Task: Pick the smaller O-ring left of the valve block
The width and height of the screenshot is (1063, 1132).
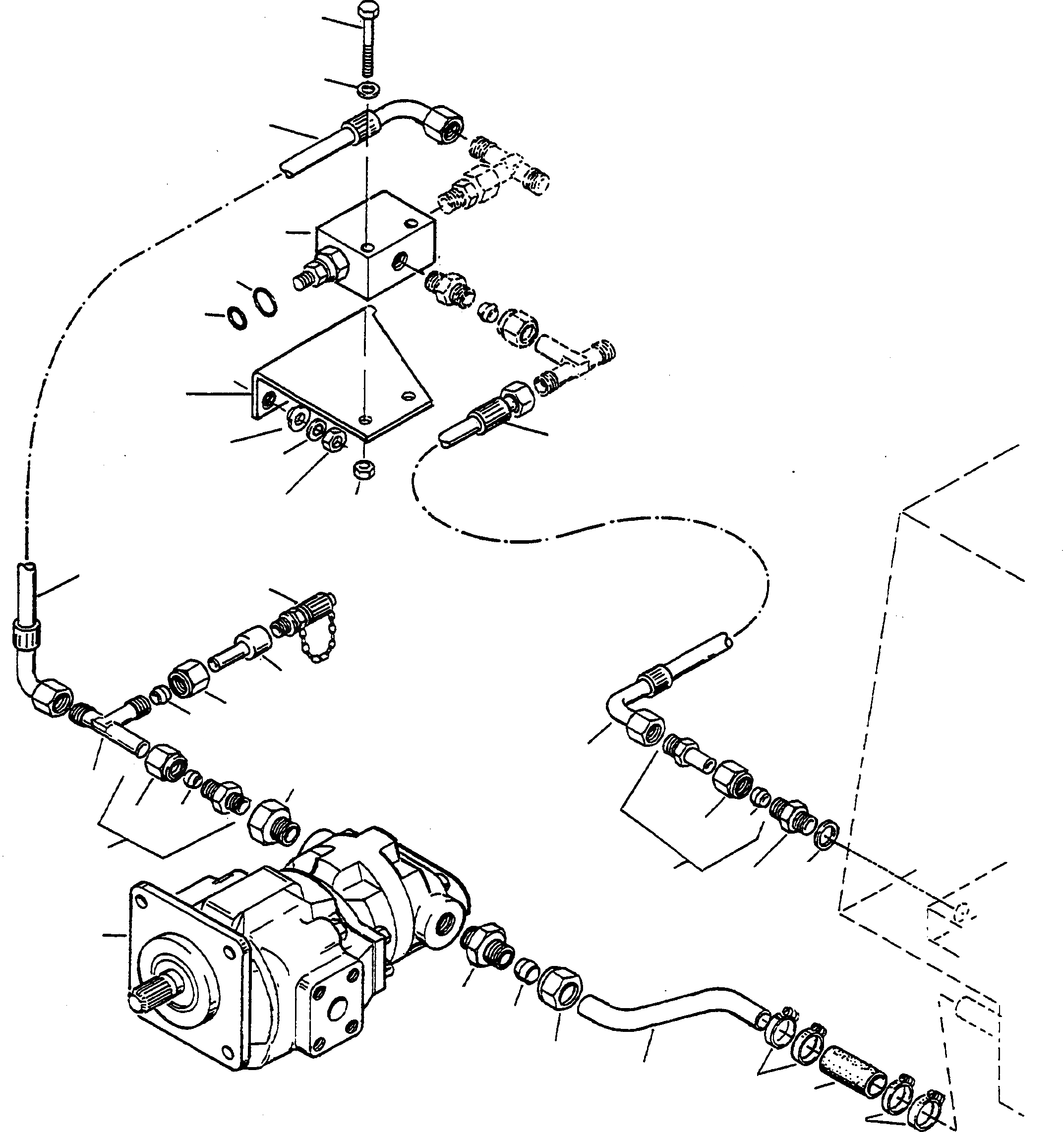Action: [x=236, y=318]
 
